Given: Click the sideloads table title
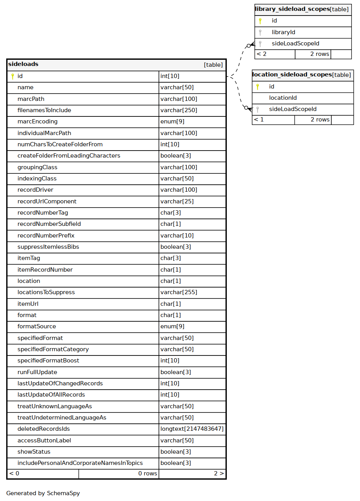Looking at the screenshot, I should click(23, 64).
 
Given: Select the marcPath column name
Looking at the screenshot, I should click(31, 99).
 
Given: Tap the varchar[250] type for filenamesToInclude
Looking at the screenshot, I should click(179, 110).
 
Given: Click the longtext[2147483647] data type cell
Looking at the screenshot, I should click(192, 429).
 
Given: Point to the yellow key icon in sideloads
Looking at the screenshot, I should click(12, 76).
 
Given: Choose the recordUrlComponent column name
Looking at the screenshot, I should click(47, 201).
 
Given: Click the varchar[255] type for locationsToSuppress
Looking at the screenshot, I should click(179, 292).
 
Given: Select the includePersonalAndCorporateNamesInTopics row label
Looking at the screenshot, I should click(80, 463).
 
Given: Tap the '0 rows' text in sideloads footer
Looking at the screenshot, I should click(148, 473).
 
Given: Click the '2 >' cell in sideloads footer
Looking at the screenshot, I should click(219, 473).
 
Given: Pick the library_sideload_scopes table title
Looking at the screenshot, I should click(292, 9).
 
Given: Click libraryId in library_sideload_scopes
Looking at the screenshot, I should click(283, 32).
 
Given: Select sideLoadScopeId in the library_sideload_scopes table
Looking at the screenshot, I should click(295, 43).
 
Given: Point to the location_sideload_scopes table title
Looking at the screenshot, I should click(292, 75).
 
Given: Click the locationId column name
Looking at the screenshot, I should click(283, 98).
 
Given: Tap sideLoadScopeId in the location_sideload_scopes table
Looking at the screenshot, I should click(292, 109).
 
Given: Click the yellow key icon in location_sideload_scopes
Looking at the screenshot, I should click(257, 87).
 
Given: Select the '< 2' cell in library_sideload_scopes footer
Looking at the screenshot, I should click(262, 54).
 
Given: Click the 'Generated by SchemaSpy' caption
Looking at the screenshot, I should click(43, 493).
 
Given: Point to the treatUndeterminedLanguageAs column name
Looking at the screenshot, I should click(62, 418).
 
